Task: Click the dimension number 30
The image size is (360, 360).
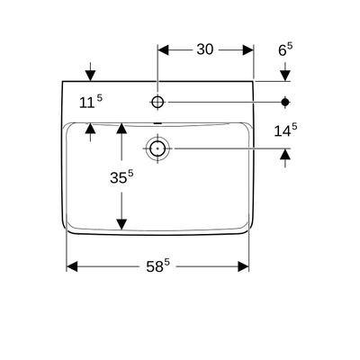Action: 205,49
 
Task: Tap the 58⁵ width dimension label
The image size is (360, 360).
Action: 158,266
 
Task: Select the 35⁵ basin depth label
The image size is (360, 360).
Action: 121,177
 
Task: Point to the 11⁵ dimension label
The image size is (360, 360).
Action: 91,102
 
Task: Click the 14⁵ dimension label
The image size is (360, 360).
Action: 285,130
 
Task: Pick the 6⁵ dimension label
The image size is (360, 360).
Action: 285,49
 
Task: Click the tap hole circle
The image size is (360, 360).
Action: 157,103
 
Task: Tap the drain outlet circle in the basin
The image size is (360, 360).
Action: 157,148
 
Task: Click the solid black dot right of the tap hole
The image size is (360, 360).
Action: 285,103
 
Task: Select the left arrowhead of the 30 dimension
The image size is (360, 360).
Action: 163,50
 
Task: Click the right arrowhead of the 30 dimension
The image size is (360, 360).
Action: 248,50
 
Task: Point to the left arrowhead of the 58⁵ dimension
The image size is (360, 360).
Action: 72,266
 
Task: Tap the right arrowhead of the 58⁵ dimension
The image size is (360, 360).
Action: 243,266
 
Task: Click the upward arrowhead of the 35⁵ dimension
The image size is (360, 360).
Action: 121,128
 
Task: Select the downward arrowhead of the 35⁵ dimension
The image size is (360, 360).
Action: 121,224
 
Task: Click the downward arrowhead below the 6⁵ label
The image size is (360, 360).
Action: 285,76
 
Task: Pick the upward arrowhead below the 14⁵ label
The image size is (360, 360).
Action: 285,154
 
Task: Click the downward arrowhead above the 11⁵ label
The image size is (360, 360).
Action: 90,76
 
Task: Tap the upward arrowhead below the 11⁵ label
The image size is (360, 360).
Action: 90,128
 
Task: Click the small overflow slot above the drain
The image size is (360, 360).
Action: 157,123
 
